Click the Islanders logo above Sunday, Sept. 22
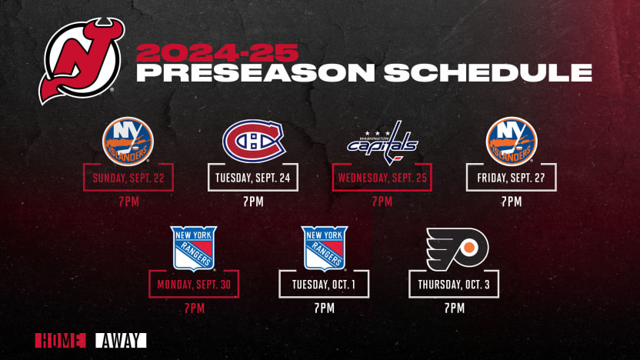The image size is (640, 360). point(128,142)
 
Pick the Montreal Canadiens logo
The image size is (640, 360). point(253,142)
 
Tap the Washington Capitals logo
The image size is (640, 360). point(382,142)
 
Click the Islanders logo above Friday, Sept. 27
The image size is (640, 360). point(511,142)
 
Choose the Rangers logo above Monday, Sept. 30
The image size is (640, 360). point(194,248)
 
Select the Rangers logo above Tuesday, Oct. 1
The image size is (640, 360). point(324,248)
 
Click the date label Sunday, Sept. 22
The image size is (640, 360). point(128,179)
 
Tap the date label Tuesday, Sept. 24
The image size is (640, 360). point(254,179)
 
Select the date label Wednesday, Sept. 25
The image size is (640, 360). point(382,179)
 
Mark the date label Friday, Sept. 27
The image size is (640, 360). point(511,179)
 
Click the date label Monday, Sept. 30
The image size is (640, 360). point(194,285)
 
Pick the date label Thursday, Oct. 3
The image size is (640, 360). point(454,285)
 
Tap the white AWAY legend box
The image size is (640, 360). point(121,340)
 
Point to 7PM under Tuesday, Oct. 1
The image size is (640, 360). point(324,308)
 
